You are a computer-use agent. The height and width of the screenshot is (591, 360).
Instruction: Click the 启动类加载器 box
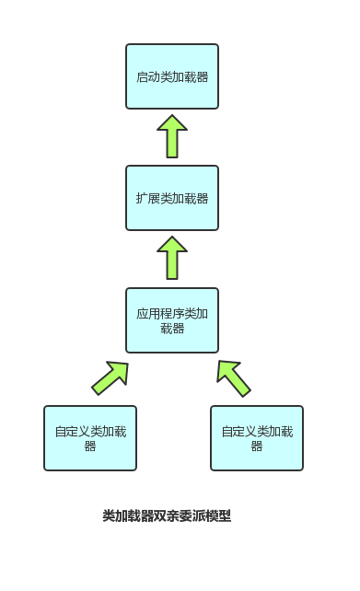pos(172,76)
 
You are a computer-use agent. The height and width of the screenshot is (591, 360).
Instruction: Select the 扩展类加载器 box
pos(172,198)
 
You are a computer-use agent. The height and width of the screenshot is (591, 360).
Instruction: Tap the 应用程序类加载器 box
pos(172,320)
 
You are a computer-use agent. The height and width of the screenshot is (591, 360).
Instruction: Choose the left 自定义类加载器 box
pos(90,438)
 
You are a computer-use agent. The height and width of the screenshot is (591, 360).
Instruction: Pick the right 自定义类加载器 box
pos(257,438)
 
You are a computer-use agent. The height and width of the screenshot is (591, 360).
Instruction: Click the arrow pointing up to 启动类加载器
pos(172,137)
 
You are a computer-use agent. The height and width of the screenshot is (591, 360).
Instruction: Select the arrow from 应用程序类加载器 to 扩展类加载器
pos(172,259)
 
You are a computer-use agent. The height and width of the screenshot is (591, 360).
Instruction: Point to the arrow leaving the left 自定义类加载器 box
pos(110,377)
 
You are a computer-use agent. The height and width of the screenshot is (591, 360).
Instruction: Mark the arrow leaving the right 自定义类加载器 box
pos(234,377)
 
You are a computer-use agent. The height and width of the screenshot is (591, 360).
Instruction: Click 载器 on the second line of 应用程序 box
pos(172,329)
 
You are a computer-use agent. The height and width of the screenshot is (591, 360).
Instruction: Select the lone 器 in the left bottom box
pos(90,446)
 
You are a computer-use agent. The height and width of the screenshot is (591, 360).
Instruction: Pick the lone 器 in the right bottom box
pos(257,446)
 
